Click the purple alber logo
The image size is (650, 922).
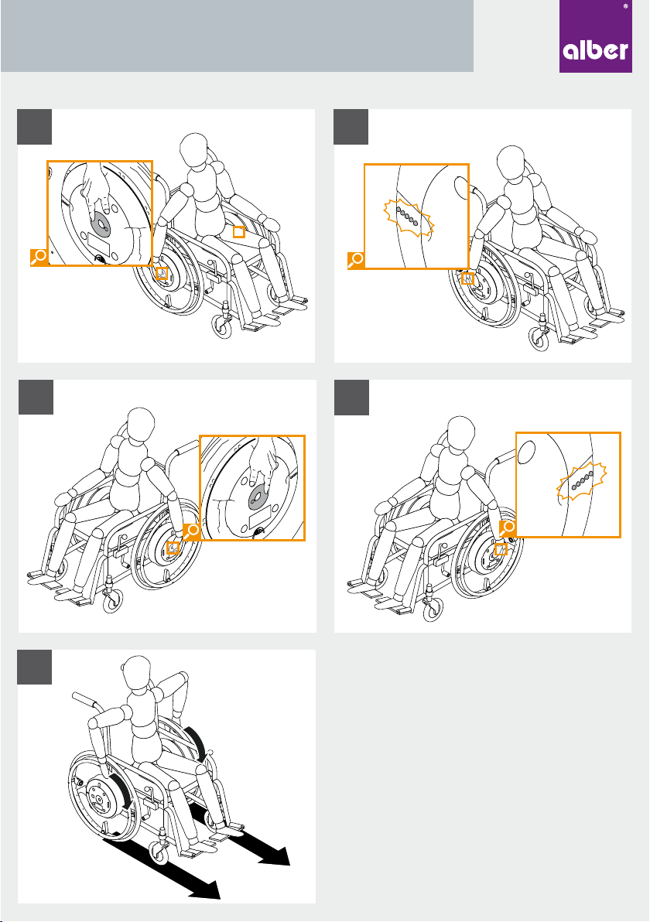[x=595, y=36]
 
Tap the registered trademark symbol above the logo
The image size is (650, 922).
[x=625, y=6]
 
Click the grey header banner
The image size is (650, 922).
[x=237, y=36]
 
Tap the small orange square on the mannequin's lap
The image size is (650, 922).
[x=239, y=232]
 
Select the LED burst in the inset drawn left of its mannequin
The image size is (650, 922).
[x=409, y=217]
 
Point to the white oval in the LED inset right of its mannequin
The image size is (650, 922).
[x=527, y=452]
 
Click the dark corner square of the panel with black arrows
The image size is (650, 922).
[x=35, y=667]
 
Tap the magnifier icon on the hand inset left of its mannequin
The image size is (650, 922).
[x=39, y=257]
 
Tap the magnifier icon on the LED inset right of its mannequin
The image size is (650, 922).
[x=507, y=528]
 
